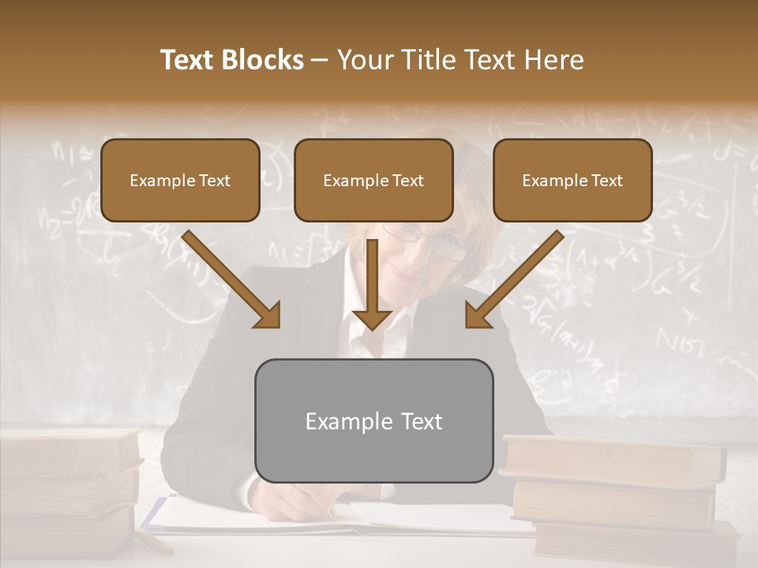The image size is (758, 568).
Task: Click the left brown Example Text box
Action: [180, 180]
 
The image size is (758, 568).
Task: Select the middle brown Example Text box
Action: [373, 180]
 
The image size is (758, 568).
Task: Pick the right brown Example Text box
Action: [572, 180]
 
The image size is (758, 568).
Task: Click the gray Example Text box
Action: [373, 420]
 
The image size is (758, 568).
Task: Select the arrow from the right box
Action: [514, 280]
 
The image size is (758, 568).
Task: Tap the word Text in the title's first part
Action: [188, 60]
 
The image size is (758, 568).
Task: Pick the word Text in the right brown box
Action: [606, 180]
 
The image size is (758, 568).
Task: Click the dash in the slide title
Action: [321, 60]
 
